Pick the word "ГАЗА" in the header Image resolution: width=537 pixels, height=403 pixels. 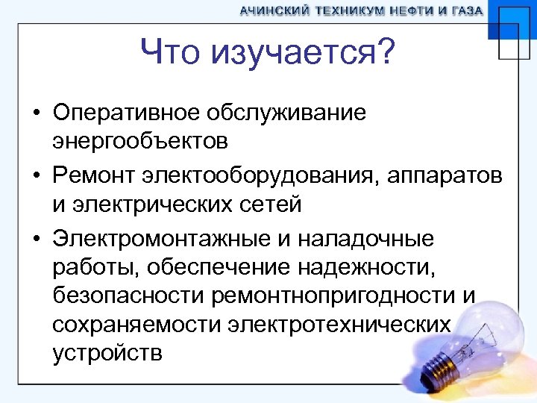click(465, 11)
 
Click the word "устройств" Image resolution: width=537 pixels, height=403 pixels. click(107, 352)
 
